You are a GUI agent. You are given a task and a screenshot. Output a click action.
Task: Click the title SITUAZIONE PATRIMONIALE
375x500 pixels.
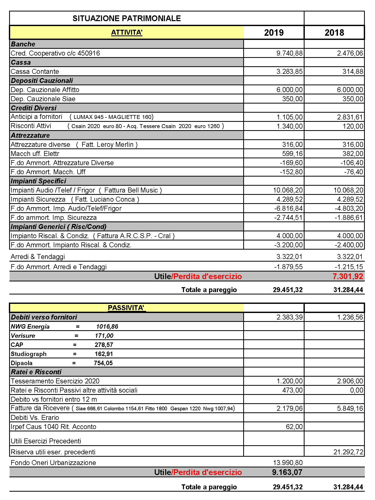(127, 18)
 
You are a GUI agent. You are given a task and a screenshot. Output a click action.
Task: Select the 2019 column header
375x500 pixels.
(274, 33)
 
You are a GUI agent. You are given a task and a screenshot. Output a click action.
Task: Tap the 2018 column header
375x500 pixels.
(334, 33)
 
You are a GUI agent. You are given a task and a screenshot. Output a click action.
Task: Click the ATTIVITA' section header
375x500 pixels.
(127, 33)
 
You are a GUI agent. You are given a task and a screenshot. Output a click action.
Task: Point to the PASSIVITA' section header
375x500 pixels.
(126, 308)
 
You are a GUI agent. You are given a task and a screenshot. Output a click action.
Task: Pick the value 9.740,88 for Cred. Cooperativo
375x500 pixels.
(289, 53)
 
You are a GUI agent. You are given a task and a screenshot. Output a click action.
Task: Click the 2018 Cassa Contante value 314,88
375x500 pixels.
(353, 71)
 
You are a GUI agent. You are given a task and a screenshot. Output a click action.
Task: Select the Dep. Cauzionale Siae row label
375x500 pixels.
(43, 99)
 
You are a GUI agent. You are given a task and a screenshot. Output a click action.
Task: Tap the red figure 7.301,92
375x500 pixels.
(348, 276)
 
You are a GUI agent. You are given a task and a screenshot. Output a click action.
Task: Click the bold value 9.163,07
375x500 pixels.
(287, 472)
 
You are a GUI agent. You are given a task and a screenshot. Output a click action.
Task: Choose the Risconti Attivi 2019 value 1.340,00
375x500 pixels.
(289, 126)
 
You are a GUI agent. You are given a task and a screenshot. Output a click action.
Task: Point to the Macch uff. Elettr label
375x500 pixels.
(35, 154)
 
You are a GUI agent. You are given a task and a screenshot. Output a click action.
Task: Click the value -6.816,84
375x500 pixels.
(288, 208)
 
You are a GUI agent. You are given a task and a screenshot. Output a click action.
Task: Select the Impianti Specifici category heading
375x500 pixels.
(38, 181)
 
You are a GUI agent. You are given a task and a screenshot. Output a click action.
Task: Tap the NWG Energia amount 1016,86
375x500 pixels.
(107, 327)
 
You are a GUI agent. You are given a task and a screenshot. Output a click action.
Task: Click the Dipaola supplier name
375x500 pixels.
(22, 363)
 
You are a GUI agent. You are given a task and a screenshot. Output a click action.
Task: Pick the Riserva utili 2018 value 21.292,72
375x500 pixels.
(348, 452)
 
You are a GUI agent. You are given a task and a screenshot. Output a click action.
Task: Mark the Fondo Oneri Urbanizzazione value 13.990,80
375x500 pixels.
(288, 463)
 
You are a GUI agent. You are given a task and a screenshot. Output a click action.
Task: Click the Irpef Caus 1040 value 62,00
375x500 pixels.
(294, 427)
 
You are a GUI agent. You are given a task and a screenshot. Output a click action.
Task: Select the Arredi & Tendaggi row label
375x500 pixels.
(38, 257)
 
